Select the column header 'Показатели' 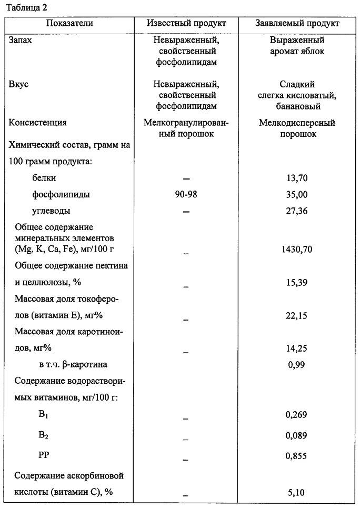69,23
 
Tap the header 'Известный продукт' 186,23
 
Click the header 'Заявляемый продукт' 297,23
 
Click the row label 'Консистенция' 38,123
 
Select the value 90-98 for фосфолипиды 187,194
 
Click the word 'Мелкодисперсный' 297,123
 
